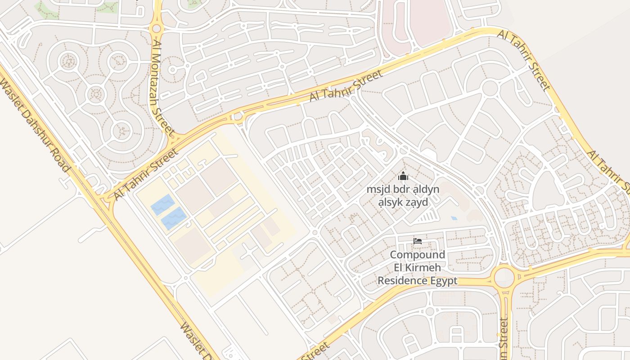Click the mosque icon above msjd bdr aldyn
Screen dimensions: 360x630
403,176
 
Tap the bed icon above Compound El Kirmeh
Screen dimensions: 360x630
418,241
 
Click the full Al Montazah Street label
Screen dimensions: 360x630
163,88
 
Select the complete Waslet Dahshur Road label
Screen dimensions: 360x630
36,126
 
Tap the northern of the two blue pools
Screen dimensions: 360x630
162,205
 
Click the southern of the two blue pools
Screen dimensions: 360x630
174,218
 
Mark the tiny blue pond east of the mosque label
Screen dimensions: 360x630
454,218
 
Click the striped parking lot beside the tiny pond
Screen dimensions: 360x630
427,218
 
